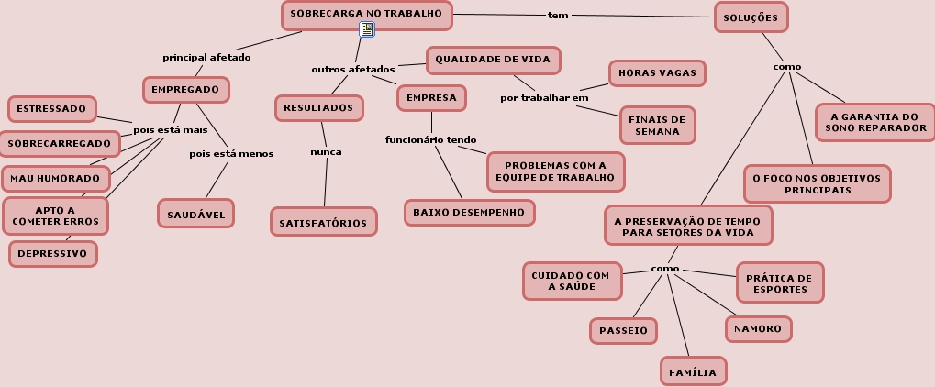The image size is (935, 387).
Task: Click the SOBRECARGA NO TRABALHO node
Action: click(x=366, y=14)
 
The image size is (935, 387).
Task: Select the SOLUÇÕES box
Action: click(x=751, y=17)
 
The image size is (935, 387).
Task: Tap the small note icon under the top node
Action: click(x=367, y=30)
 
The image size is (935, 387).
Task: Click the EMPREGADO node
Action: click(x=185, y=90)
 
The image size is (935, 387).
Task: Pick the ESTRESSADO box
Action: click(x=51, y=109)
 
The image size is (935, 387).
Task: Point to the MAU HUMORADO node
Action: click(x=55, y=177)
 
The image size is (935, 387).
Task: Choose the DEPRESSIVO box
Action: click(x=52, y=253)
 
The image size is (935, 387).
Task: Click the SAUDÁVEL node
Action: click(x=196, y=215)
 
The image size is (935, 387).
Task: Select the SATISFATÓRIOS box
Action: click(x=323, y=222)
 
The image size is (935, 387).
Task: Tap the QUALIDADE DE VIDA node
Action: click(x=493, y=60)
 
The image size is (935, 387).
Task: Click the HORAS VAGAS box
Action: click(x=657, y=72)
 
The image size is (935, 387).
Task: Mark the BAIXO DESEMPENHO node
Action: click(x=469, y=212)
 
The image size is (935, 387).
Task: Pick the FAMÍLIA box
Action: click(x=693, y=372)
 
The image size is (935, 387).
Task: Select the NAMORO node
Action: click(x=758, y=328)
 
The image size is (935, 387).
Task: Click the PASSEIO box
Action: click(x=623, y=330)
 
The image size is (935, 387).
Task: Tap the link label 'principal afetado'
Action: click(x=206, y=57)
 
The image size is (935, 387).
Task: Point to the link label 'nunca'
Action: click(x=326, y=151)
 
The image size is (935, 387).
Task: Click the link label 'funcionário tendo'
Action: click(x=430, y=139)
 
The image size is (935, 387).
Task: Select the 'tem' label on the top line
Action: click(x=558, y=15)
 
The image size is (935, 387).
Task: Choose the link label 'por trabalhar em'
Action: click(x=544, y=97)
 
